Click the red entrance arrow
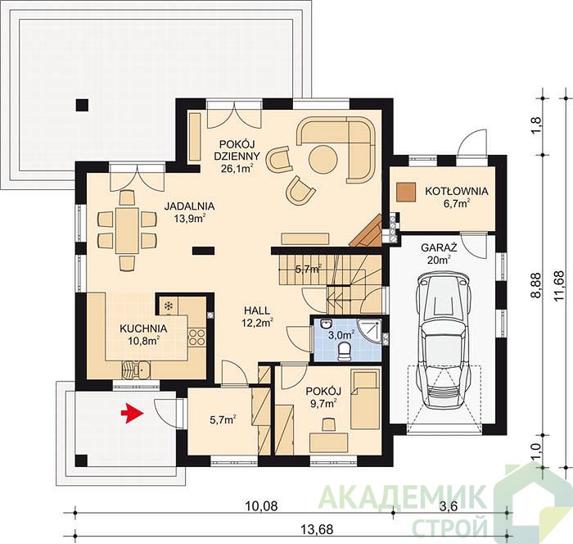tap(132, 413)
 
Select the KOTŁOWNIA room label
tap(457, 191)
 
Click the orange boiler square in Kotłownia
tap(406, 192)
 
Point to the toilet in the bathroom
tap(344, 351)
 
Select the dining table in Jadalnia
tap(127, 230)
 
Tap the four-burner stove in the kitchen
tap(197, 338)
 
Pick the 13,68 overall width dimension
tap(317, 529)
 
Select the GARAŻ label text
tap(439, 247)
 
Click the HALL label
tap(257, 311)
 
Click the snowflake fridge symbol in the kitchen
tap(169, 306)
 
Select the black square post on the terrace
tap(82, 105)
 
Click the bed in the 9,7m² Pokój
tap(365, 400)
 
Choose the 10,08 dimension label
tap(261, 506)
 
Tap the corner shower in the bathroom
tap(371, 329)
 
